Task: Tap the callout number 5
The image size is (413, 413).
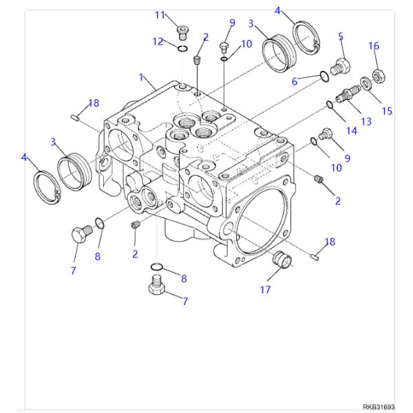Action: pyautogui.click(x=341, y=36)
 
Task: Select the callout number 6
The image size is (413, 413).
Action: pyautogui.click(x=313, y=81)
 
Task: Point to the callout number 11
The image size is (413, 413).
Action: pyautogui.click(x=160, y=15)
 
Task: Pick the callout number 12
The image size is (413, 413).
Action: pyautogui.click(x=158, y=41)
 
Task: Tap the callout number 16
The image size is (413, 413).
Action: pyautogui.click(x=374, y=46)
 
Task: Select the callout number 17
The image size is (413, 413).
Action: pyautogui.click(x=265, y=290)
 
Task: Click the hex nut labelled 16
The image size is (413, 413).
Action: pyautogui.click(x=377, y=72)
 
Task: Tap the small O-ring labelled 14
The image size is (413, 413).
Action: pyautogui.click(x=330, y=105)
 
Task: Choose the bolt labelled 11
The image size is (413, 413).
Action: pyautogui.click(x=183, y=30)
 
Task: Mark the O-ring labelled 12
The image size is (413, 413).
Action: pyautogui.click(x=182, y=48)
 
